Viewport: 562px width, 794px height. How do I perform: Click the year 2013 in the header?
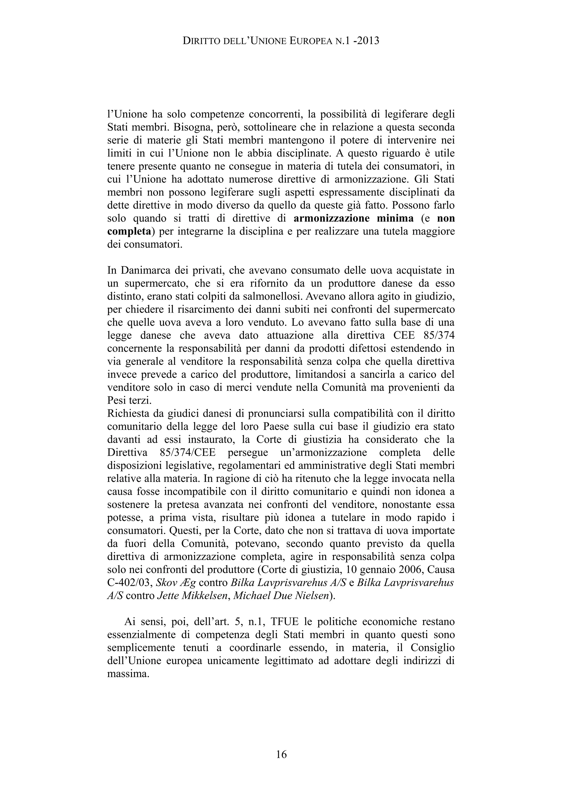tap(367, 41)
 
